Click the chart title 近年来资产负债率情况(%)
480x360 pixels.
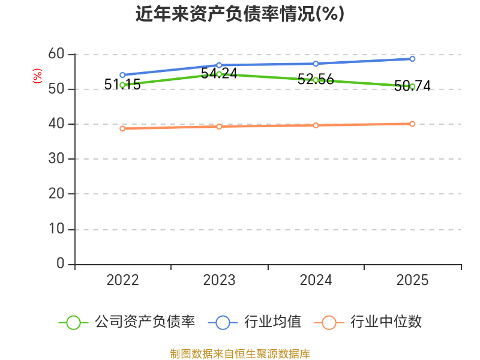(240, 14)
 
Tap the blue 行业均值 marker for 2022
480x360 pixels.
(122, 75)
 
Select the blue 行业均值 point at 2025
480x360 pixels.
(412, 59)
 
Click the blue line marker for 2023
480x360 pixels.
(219, 65)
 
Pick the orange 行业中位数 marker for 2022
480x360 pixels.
(122, 128)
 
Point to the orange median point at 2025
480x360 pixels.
(412, 124)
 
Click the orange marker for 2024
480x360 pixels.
(316, 125)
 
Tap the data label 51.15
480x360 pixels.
(122, 85)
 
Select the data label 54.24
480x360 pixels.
(219, 73)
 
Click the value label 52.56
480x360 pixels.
(316, 79)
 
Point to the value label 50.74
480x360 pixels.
(412, 86)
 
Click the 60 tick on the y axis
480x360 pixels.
(56, 54)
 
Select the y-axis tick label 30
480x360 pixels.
(56, 158)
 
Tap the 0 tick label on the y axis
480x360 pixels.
(61, 263)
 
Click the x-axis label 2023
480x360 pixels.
(219, 280)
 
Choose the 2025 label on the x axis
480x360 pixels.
(412, 280)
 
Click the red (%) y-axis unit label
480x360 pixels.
(37, 76)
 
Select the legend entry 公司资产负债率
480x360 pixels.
(127, 322)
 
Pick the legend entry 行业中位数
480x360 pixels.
(368, 322)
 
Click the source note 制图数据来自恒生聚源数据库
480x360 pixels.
(240, 354)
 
